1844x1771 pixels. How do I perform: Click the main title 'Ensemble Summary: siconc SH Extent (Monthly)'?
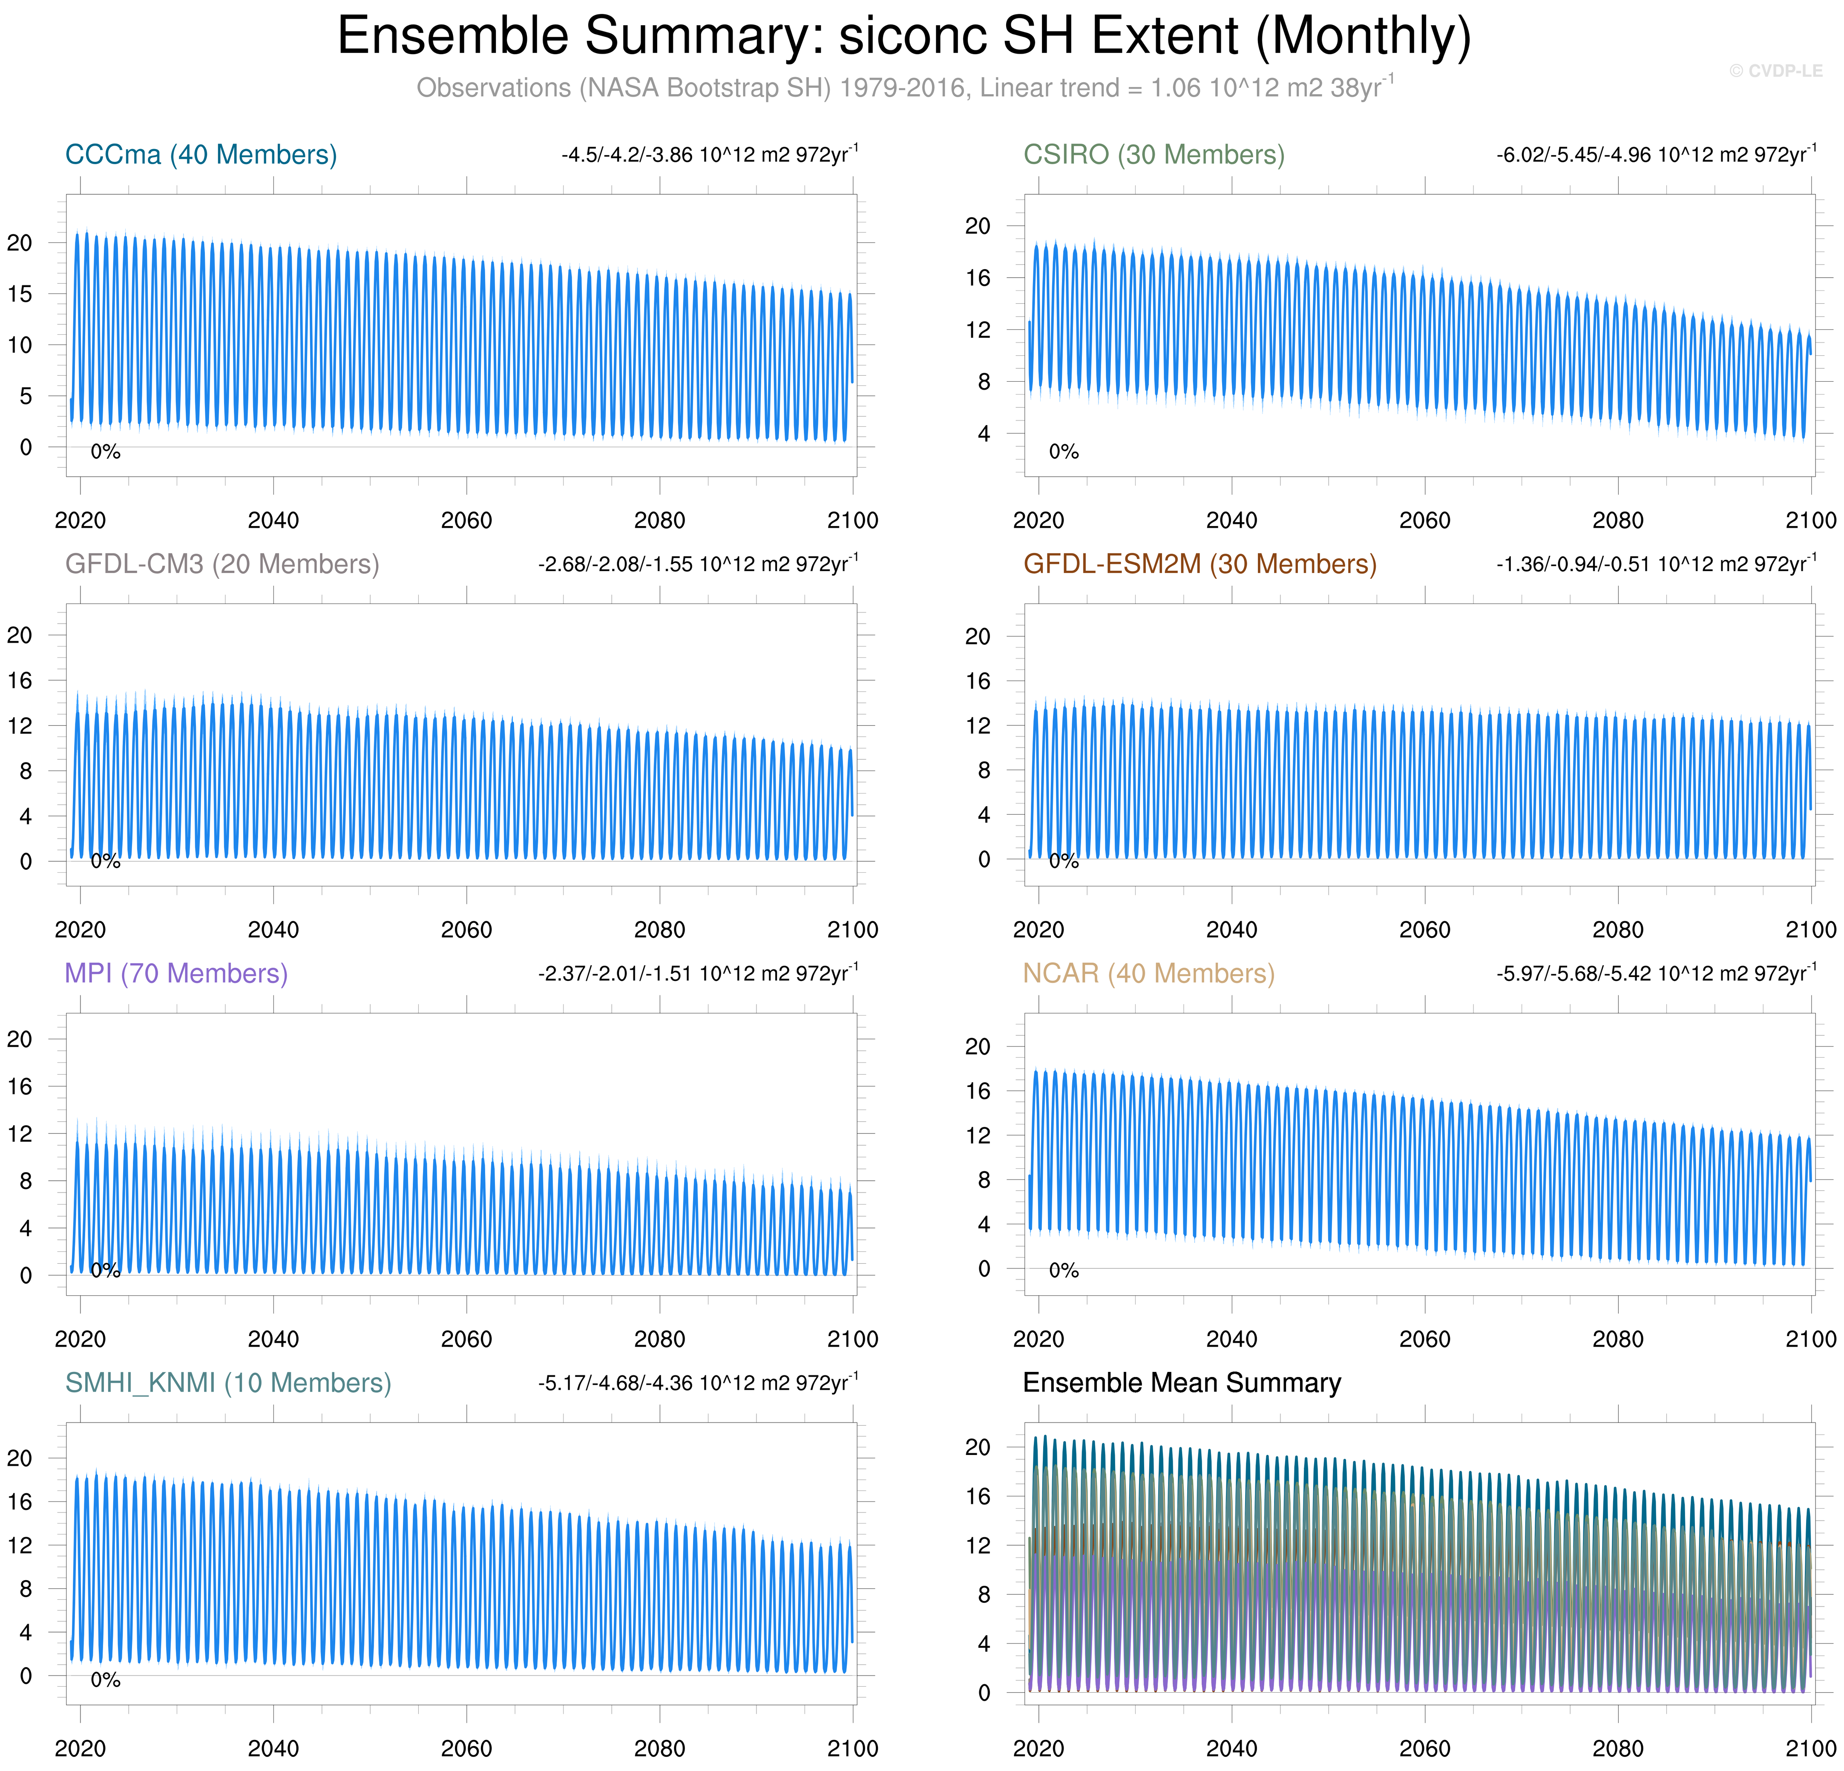pyautogui.click(x=903, y=37)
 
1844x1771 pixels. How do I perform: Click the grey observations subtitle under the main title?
pyautogui.click(x=903, y=89)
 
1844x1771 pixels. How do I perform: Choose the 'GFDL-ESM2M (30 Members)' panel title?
pyautogui.click(x=1200, y=564)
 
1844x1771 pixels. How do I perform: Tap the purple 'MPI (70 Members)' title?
pyautogui.click(x=176, y=973)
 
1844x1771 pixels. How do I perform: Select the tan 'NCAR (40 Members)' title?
pyautogui.click(x=1149, y=973)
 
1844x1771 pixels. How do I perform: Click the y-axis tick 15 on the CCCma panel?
pyautogui.click(x=20, y=294)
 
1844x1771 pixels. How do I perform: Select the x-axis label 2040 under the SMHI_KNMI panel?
pyautogui.click(x=273, y=1748)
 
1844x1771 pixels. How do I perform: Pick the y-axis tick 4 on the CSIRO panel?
pyautogui.click(x=983, y=434)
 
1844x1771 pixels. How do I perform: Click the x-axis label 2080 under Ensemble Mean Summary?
pyautogui.click(x=1617, y=1748)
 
